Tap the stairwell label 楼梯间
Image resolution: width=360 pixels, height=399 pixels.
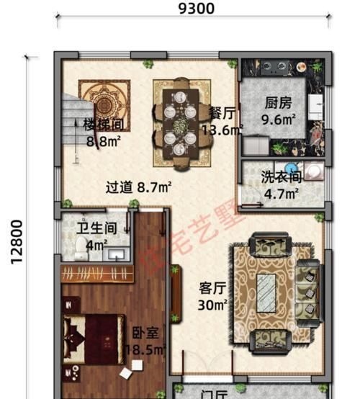(103, 123)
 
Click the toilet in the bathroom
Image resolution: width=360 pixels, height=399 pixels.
(81, 250)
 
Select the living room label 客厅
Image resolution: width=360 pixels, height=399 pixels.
(212, 289)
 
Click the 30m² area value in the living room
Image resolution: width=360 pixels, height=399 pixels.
(212, 305)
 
